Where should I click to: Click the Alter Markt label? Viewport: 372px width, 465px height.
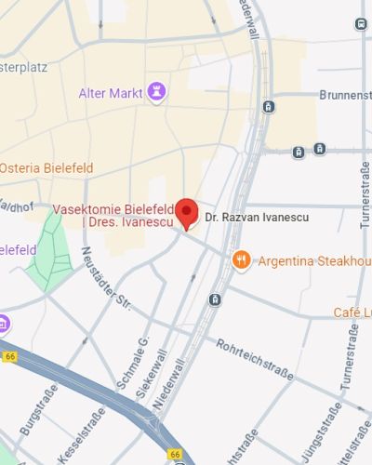pyautogui.click(x=111, y=92)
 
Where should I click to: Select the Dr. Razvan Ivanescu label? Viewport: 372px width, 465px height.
pyautogui.click(x=256, y=217)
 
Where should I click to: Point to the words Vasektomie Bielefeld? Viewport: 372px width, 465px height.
pyautogui.click(x=113, y=209)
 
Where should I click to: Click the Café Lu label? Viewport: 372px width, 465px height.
pyautogui.click(x=352, y=312)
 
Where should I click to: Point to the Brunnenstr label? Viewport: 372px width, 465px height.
pyautogui.click(x=345, y=95)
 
